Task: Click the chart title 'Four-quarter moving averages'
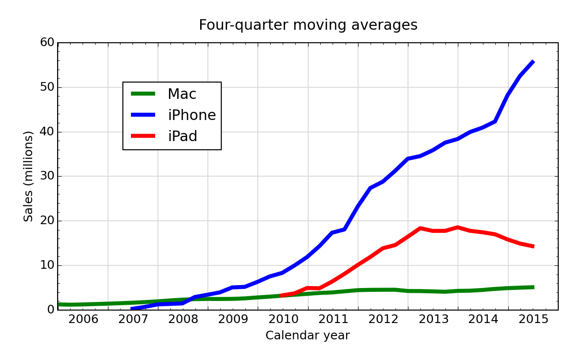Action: point(308,25)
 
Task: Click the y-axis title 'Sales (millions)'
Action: point(29,176)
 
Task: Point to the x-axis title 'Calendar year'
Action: point(308,336)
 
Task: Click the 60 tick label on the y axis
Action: point(47,43)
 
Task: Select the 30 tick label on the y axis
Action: point(47,176)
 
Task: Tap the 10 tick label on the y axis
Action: point(47,265)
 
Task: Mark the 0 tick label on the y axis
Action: point(50,310)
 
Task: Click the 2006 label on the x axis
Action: point(83,320)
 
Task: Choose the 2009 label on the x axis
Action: point(233,320)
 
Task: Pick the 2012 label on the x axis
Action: point(383,320)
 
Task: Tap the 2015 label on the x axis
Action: point(533,320)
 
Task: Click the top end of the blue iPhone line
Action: point(533,61)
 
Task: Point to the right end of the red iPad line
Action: point(533,246)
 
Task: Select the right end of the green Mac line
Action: point(533,287)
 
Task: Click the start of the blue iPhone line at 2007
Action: point(132,309)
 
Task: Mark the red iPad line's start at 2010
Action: point(282,295)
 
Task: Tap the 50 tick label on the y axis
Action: point(47,87)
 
